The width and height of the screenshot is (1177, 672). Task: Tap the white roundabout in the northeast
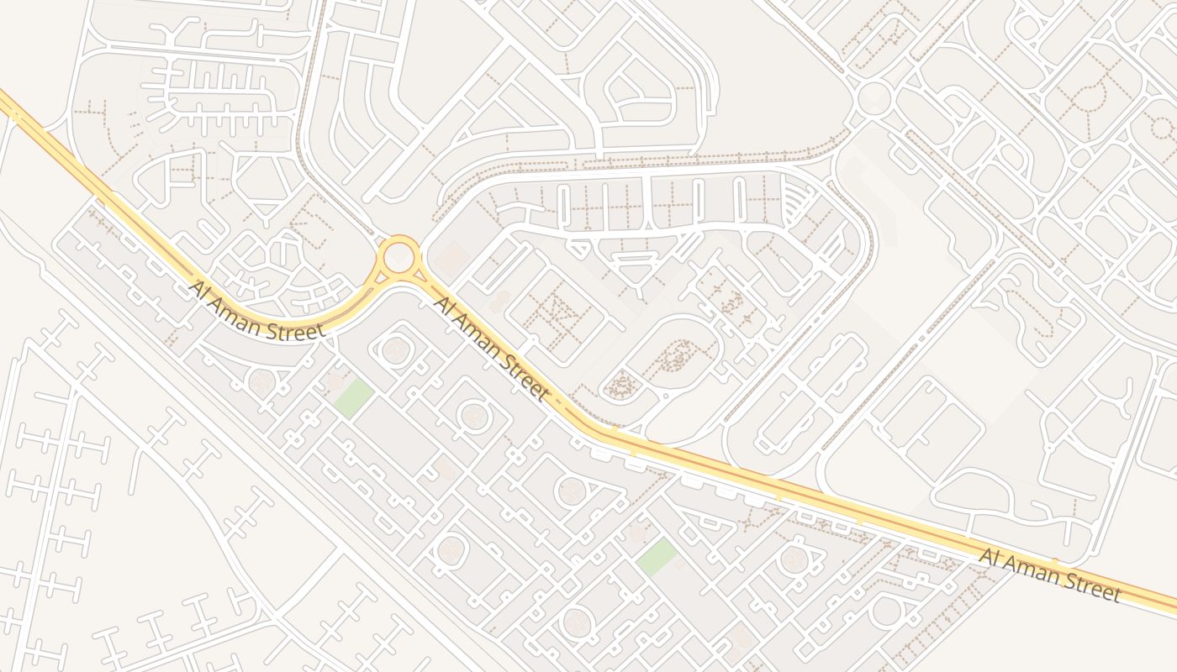(874, 98)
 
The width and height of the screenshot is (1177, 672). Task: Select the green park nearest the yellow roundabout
(353, 397)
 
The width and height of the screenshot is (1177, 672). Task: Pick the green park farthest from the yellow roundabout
(656, 557)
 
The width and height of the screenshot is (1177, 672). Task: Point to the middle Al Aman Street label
(492, 347)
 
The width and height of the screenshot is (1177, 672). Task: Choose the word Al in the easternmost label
(990, 555)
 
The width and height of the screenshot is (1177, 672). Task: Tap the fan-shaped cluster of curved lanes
(796, 202)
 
